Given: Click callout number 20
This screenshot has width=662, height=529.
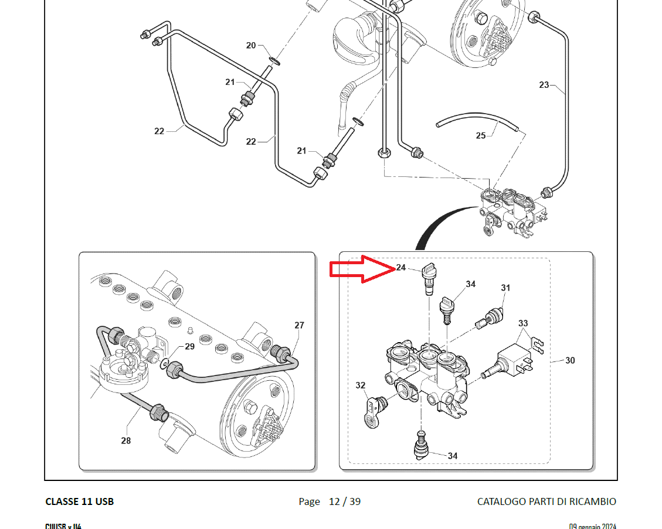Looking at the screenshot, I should pyautogui.click(x=251, y=45).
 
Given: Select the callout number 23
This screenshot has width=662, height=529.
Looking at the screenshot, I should pyautogui.click(x=544, y=85).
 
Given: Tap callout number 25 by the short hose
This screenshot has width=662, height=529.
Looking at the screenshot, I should pyautogui.click(x=481, y=135).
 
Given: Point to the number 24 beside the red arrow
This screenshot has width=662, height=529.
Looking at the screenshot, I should pyautogui.click(x=401, y=267).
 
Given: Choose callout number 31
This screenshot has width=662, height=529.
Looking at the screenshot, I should pyautogui.click(x=505, y=288).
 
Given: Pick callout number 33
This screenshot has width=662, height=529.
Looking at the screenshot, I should pyautogui.click(x=523, y=323).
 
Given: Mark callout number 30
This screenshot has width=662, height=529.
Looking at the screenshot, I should pyautogui.click(x=570, y=361).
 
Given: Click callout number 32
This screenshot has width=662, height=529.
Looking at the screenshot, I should pyautogui.click(x=361, y=385).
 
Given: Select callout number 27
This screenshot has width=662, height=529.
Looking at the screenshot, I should pyautogui.click(x=299, y=325).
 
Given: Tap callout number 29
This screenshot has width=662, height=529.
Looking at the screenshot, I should pyautogui.click(x=189, y=346).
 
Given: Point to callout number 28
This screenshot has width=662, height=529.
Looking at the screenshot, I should pyautogui.click(x=126, y=441).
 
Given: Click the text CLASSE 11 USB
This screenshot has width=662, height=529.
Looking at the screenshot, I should pyautogui.click(x=79, y=501).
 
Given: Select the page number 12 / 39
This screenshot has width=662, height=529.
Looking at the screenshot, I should pyautogui.click(x=344, y=501).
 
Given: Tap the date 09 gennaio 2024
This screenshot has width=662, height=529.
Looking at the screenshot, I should pyautogui.click(x=592, y=526).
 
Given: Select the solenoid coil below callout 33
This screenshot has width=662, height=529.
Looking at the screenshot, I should pyautogui.click(x=512, y=359).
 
